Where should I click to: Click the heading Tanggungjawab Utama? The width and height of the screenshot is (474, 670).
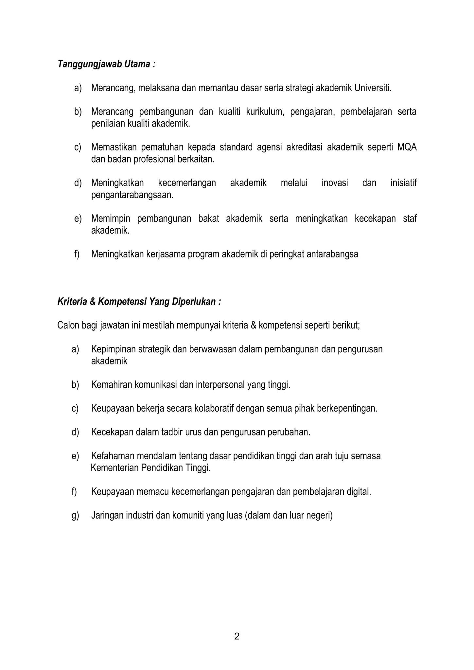(x=106, y=64)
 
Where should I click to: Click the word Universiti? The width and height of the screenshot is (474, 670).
(x=373, y=88)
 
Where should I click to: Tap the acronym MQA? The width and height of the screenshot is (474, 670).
(x=407, y=147)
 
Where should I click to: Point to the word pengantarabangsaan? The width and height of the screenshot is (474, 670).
(x=132, y=195)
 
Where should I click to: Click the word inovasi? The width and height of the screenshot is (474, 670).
(x=335, y=183)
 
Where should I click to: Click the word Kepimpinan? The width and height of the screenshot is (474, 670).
(x=113, y=349)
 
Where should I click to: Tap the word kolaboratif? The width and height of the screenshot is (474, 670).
(x=214, y=409)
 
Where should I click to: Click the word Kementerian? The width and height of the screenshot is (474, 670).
(x=114, y=468)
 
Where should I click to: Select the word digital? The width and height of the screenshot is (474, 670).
(x=359, y=492)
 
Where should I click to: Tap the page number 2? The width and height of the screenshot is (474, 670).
(x=237, y=636)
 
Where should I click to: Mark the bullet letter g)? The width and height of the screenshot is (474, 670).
(x=75, y=516)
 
